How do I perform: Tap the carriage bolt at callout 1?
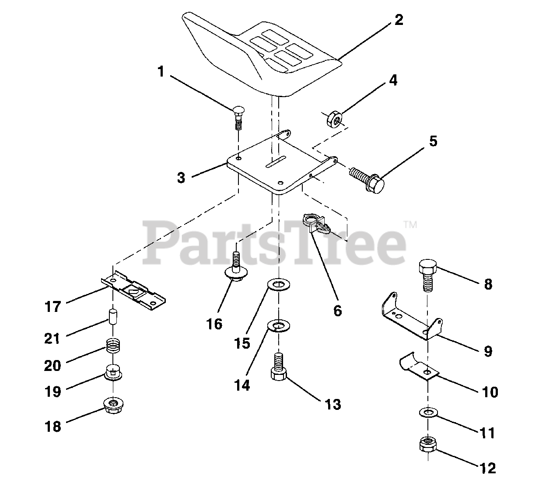coord(238,116)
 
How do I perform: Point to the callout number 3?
coord(181,178)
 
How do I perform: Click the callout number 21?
coord(52,338)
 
